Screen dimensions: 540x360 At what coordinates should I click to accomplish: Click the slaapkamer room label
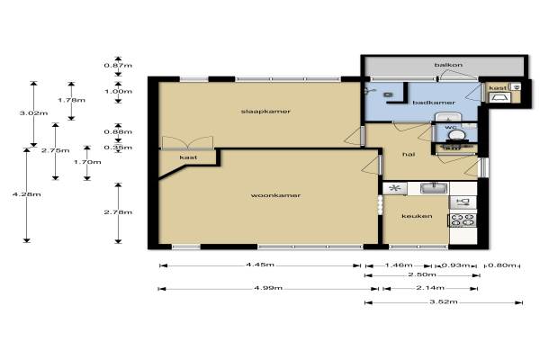pyautogui.click(x=265, y=112)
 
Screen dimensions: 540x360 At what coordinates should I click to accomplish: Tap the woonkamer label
pyautogui.click(x=275, y=195)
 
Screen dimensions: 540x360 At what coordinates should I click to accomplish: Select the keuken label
pyautogui.click(x=417, y=216)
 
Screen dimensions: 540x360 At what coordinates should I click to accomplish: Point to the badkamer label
pyautogui.click(x=434, y=103)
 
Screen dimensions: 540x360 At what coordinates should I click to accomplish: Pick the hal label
pyautogui.click(x=409, y=154)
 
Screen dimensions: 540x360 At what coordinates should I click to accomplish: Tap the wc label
pyautogui.click(x=451, y=128)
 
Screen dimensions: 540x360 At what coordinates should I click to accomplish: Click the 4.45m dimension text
pyautogui.click(x=260, y=265)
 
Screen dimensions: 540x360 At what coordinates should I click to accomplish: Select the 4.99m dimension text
pyautogui.click(x=268, y=288)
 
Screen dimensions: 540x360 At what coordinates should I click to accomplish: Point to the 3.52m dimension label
pyautogui.click(x=444, y=301)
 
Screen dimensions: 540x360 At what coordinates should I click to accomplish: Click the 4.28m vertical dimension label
pyautogui.click(x=27, y=194)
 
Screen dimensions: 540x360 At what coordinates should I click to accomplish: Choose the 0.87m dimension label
pyautogui.click(x=118, y=66)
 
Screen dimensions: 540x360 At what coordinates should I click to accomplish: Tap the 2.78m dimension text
pyautogui.click(x=118, y=212)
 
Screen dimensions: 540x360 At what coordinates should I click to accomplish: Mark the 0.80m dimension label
pyautogui.click(x=502, y=265)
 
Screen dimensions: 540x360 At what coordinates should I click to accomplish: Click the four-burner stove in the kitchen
pyautogui.click(x=463, y=220)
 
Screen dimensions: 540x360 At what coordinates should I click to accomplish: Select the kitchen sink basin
pyautogui.click(x=434, y=188)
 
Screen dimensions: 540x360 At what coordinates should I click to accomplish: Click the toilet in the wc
pyautogui.click(x=456, y=136)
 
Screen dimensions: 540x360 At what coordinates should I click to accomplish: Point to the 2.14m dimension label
pyautogui.click(x=430, y=288)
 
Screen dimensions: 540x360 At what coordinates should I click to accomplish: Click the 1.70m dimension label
pyautogui.click(x=87, y=162)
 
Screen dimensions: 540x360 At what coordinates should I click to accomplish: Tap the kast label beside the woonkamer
pyautogui.click(x=188, y=157)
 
